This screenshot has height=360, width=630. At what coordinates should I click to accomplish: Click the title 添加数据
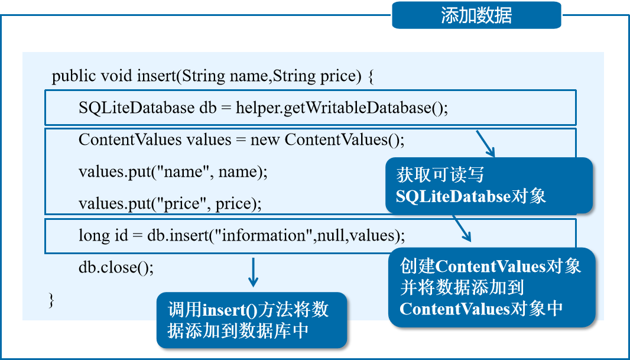pyautogui.click(x=476, y=15)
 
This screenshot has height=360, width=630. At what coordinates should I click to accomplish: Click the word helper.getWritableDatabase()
pyautogui.click(x=342, y=108)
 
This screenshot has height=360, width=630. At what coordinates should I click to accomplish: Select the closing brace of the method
pyautogui.click(x=51, y=300)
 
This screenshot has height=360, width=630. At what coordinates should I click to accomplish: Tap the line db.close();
pyautogui.click(x=116, y=267)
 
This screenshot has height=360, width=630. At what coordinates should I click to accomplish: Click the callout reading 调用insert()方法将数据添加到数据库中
pyautogui.click(x=251, y=320)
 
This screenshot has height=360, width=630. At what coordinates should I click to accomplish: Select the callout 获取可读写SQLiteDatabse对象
pyautogui.click(x=488, y=186)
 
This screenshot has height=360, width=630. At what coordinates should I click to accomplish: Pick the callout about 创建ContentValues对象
pyautogui.click(x=491, y=287)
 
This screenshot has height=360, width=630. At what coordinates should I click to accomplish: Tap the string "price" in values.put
pyautogui.click(x=182, y=204)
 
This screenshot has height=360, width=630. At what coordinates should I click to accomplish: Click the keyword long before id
pyautogui.click(x=93, y=235)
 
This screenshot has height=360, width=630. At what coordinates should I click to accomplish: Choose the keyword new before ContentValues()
pyautogui.click(x=265, y=140)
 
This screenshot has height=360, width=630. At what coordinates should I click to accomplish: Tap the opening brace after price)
pyautogui.click(x=371, y=77)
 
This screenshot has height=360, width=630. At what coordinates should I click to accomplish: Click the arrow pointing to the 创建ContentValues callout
pyautogui.click(x=462, y=229)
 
